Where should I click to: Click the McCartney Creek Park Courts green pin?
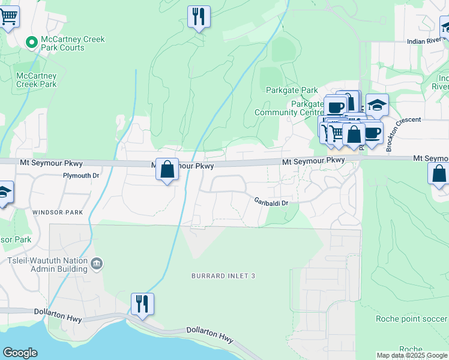pos(31,43)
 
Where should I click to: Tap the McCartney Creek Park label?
pos(36,80)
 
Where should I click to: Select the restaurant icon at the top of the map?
pos(199,16)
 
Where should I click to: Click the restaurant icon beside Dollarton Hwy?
pos(142,303)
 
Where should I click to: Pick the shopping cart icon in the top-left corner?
pos(8,16)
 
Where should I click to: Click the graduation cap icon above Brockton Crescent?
pos(376,105)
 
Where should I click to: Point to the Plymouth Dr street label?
pos(81,176)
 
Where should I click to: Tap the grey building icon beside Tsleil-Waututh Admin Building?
pos(96,263)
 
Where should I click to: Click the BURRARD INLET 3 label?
pos(224,275)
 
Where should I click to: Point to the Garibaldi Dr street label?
pos(271,202)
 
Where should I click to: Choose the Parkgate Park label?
pos(292,90)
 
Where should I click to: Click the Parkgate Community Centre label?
pos(289,108)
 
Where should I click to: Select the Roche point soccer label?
pos(412,319)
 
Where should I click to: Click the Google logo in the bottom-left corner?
pos(20,353)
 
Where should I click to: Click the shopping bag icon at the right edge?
pos(439,173)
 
